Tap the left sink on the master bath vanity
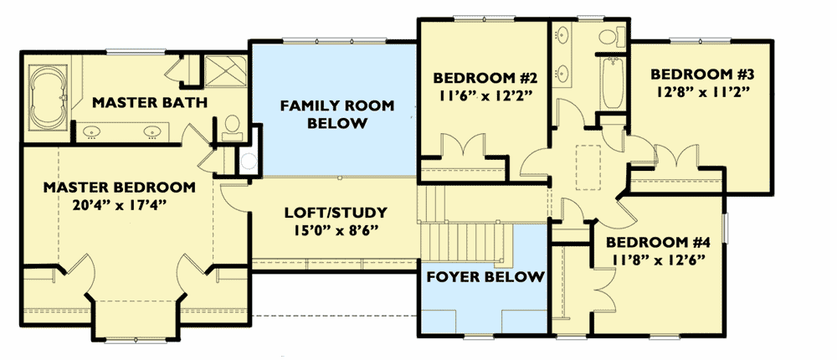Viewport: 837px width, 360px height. click(x=90, y=131)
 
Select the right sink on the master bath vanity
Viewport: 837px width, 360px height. click(x=153, y=131)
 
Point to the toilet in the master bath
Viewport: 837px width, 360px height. click(x=233, y=126)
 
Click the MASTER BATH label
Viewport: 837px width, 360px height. click(x=149, y=103)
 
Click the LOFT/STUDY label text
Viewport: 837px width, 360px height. click(x=335, y=213)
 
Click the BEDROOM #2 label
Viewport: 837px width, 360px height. click(x=483, y=78)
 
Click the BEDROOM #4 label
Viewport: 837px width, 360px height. click(x=649, y=244)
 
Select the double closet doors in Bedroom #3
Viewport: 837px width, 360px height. click(x=675, y=157)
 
